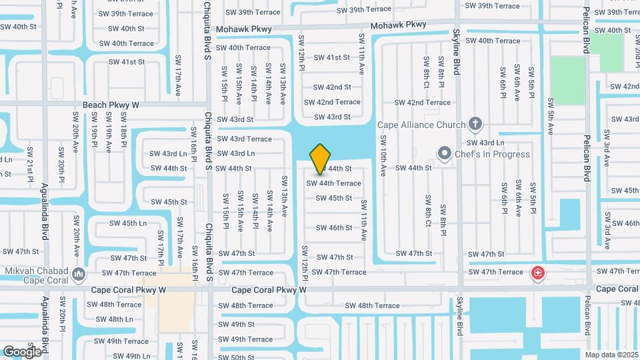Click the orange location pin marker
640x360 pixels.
click(x=321, y=159)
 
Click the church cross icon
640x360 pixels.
click(x=475, y=123)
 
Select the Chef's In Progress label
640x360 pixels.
click(x=493, y=154)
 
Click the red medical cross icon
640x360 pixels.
click(x=537, y=273)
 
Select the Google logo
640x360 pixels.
click(x=23, y=351)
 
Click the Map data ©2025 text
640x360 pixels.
click(x=611, y=354)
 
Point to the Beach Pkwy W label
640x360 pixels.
click(x=111, y=105)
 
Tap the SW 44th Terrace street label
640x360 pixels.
click(x=334, y=183)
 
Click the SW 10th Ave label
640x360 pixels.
click(x=383, y=156)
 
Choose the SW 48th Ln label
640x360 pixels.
click(x=111, y=319)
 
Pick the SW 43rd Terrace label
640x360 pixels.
click(x=245, y=139)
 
